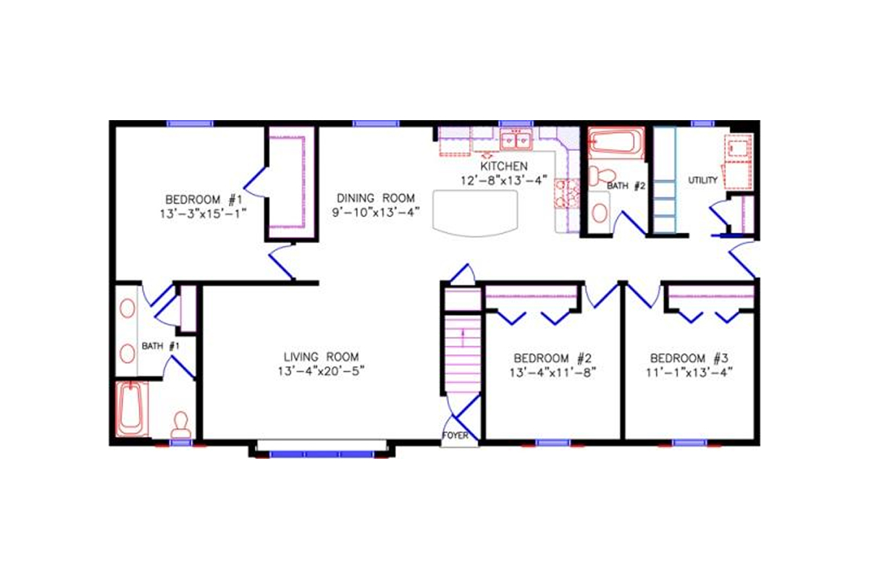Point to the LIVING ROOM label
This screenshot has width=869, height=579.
pos(321,357)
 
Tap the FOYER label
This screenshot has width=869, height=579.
pos(456,436)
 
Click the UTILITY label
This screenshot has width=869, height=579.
pos(702,180)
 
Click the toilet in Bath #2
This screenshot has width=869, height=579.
pos(598,175)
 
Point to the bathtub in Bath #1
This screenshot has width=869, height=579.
pos(132,409)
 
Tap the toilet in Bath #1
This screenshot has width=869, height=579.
pos(180,423)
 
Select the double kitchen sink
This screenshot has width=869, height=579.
pos(516,138)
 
